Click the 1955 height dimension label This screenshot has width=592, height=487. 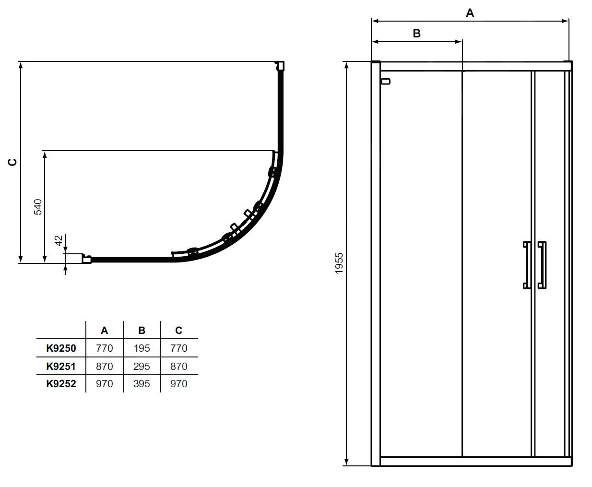339,263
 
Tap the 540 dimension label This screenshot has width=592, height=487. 38,207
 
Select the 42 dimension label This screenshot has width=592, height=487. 59,241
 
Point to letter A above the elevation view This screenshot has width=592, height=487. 470,13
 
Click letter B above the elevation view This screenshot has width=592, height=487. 416,33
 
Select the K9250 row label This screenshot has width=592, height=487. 61,348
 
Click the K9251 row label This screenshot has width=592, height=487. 61,366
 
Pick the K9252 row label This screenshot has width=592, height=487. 61,384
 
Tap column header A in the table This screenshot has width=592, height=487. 104,331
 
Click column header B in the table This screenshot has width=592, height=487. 142,331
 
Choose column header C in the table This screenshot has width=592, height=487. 178,331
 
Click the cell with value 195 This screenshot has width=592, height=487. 142,348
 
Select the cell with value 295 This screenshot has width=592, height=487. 142,366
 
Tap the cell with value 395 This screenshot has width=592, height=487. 142,384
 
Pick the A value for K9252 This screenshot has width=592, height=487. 104,384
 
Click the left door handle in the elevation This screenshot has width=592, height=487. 526,265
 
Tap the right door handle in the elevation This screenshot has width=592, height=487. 542,265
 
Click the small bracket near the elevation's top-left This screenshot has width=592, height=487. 385,82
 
